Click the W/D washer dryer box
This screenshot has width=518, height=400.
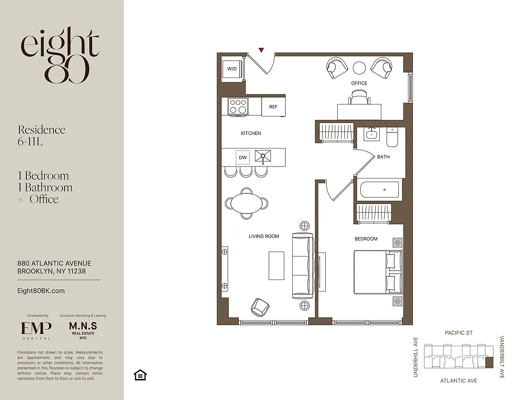pos(232,69)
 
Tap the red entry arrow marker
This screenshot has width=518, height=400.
pos(261,50)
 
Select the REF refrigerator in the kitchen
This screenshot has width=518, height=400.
pos(273,107)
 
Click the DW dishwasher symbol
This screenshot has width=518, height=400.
pos(243,157)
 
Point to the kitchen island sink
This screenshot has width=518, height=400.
pos(262,157)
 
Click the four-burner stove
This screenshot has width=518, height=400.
pos(238,106)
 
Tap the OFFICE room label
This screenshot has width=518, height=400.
pos(359,83)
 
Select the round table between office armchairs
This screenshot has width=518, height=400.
pos(359,67)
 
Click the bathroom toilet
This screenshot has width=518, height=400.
pos(392,137)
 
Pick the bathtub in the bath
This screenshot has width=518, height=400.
pos(380,190)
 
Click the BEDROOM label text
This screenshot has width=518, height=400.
pos(366,239)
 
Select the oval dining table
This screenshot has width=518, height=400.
pos(246,203)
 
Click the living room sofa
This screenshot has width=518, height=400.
pos(303,265)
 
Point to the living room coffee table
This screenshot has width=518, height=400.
pos(276,265)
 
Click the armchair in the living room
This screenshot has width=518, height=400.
pos(260,306)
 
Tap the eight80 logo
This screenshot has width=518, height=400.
pos(60,55)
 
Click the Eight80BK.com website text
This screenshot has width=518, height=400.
pos(41,291)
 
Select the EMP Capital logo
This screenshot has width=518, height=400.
pos(36,329)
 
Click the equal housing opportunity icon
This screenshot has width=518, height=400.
pos(140,374)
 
